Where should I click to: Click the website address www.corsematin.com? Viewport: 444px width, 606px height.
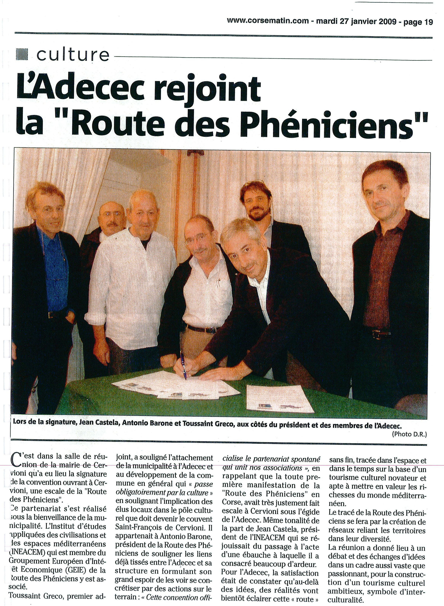point(268,21)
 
